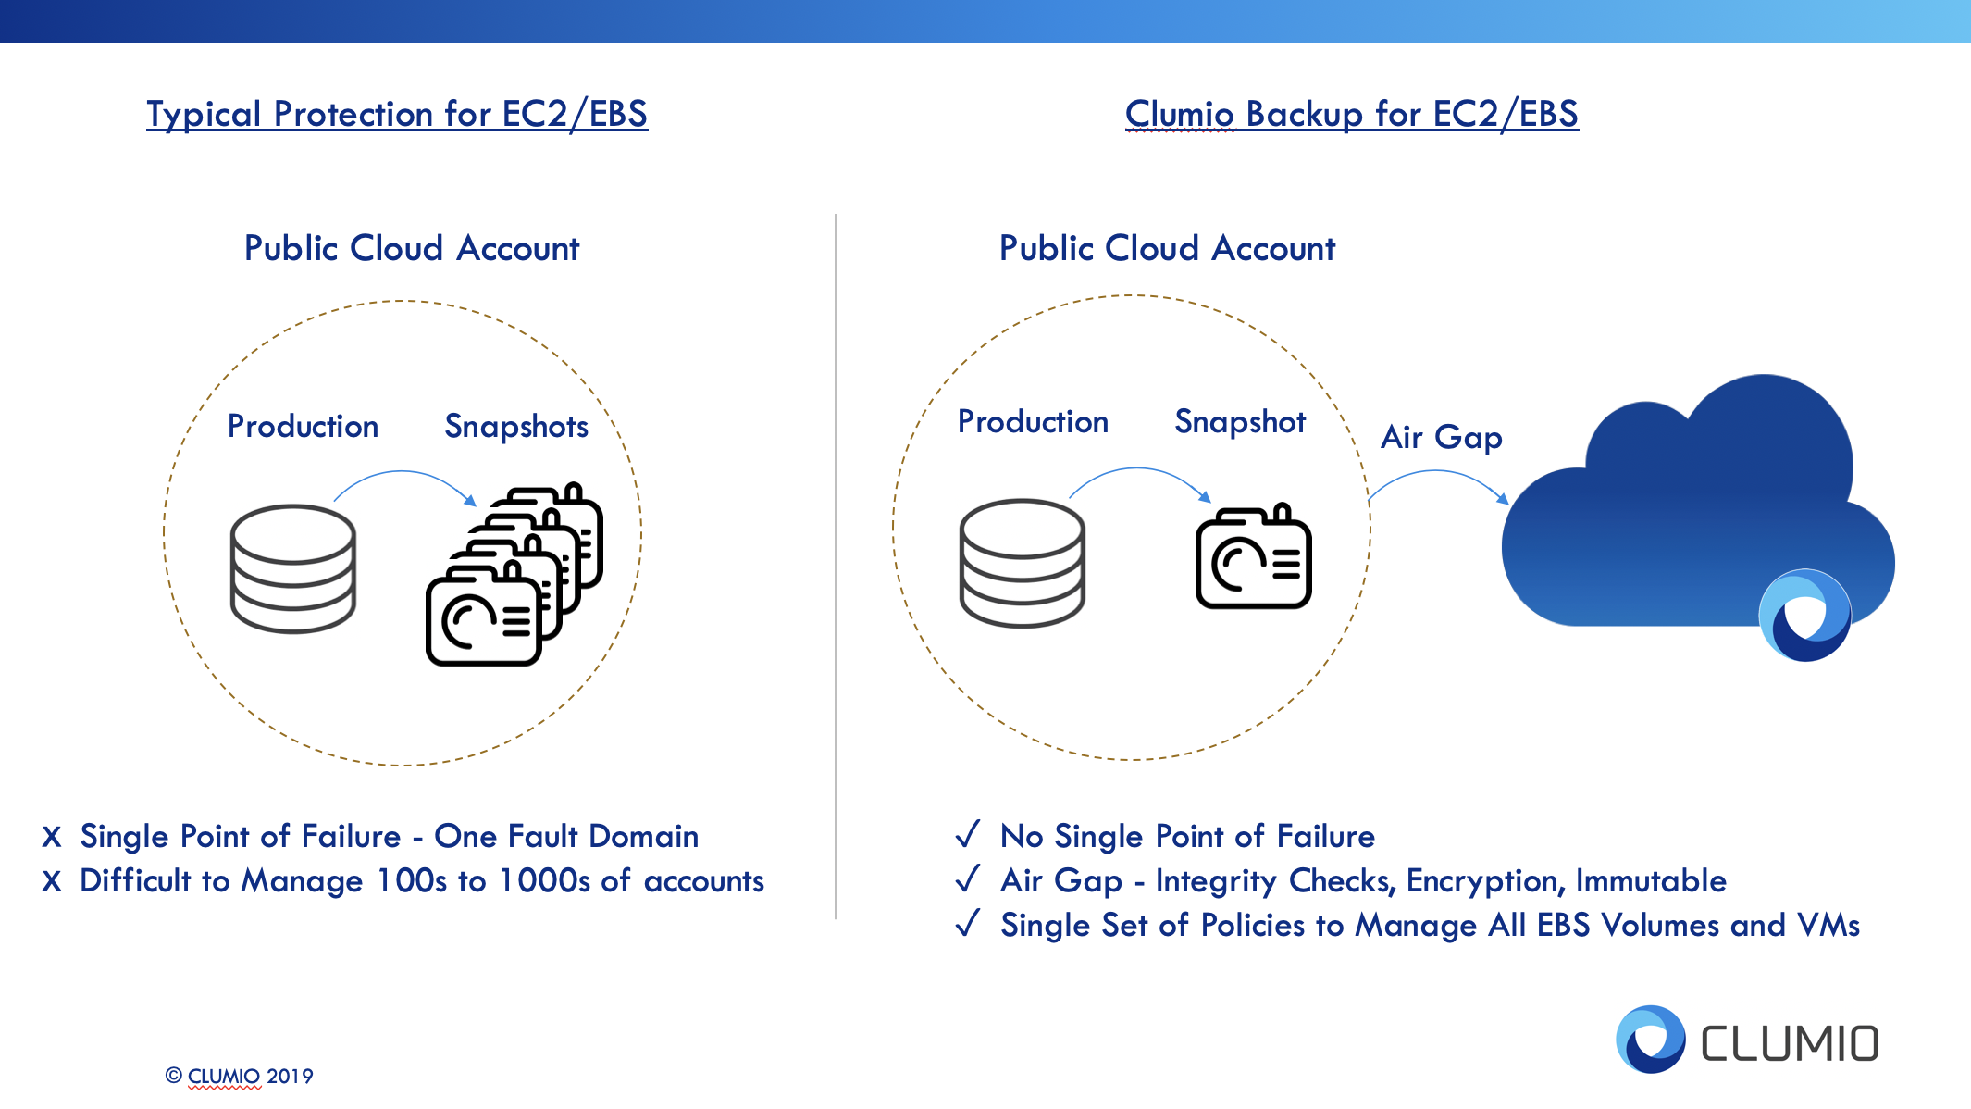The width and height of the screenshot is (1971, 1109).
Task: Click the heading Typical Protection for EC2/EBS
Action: point(397,115)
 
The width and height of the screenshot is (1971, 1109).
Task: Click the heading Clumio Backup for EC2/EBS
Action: point(1351,115)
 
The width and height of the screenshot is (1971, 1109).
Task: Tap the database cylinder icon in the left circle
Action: point(292,568)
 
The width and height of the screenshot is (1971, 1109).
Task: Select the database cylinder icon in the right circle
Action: point(1022,563)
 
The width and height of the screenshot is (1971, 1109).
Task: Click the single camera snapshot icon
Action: point(1254,557)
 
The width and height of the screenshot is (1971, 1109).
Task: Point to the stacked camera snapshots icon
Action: point(514,576)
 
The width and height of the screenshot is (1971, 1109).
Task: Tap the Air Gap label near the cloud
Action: point(1441,437)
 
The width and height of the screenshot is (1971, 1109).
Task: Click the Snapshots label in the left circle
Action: point(516,427)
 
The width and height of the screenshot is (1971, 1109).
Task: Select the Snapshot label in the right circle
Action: point(1240,422)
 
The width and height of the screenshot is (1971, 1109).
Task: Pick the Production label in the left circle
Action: point(303,427)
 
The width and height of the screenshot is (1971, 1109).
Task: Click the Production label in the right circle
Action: point(1033,422)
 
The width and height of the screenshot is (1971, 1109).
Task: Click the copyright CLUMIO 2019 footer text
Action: point(240,1076)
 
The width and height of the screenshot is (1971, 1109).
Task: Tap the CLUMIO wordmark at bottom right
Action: point(1790,1043)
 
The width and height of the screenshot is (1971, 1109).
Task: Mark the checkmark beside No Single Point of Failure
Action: point(968,835)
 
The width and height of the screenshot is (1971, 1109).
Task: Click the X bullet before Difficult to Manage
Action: point(52,881)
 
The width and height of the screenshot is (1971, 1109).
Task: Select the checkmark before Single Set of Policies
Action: point(968,924)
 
